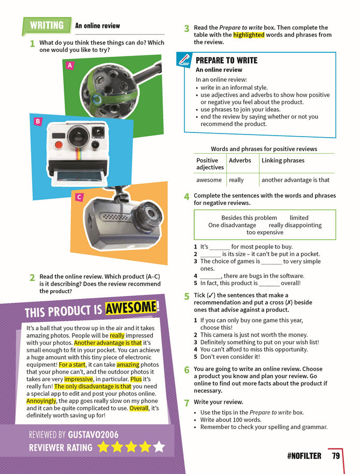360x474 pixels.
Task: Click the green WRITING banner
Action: [x=47, y=25]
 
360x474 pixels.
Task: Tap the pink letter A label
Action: [x=70, y=65]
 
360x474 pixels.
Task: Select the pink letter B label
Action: [x=38, y=122]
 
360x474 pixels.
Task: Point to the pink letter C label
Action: [x=79, y=197]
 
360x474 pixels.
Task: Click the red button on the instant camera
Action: [x=59, y=145]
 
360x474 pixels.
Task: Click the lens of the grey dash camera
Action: [x=149, y=214]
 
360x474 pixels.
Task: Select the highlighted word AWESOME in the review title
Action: [x=131, y=308]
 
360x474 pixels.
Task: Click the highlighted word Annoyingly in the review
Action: [x=41, y=401]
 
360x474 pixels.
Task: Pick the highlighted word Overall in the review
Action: [x=139, y=408]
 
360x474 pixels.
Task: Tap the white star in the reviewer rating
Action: [x=159, y=447]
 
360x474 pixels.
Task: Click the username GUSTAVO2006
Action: [x=93, y=435]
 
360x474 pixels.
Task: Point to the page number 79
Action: [x=336, y=456]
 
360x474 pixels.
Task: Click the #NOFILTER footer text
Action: [x=304, y=456]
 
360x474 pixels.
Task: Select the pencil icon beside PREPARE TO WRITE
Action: [x=184, y=60]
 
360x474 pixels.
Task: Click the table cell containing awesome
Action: [x=209, y=180]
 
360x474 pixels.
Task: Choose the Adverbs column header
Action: [x=240, y=160]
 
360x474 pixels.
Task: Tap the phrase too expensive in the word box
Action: [x=265, y=232]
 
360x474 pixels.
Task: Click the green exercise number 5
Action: [x=187, y=296]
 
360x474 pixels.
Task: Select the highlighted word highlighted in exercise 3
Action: [x=249, y=35]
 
